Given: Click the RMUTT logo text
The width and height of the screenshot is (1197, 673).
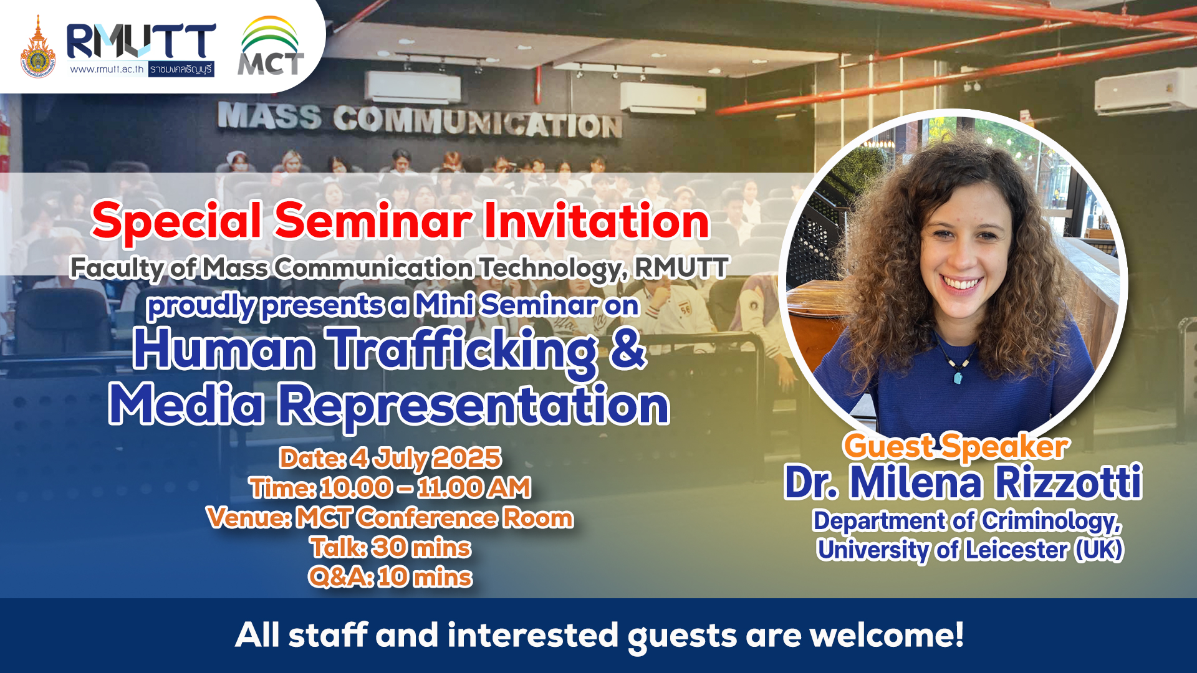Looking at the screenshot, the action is point(142,41).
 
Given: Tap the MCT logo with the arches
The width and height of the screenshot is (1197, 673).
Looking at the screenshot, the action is point(271,46).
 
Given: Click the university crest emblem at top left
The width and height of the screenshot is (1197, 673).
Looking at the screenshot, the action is point(38,47).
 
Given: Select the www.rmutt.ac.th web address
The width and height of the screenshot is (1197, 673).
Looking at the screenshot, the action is point(107,69).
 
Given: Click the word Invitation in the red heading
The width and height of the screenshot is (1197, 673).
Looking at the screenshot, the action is point(597,221).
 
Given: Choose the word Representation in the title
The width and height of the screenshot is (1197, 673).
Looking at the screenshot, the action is point(474,405).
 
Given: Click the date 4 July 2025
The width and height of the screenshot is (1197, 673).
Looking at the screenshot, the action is point(426,458).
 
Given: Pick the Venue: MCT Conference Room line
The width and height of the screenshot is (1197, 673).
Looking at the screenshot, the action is point(390,518).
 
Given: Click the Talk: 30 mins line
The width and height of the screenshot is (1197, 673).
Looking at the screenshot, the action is point(391,548).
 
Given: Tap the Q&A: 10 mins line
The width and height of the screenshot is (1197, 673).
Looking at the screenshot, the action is point(391,577).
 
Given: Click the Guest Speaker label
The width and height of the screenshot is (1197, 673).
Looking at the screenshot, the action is point(956,446).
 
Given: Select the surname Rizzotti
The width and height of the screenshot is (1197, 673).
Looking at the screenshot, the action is point(1068,482).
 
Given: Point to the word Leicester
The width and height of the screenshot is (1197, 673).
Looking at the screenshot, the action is point(1017,550).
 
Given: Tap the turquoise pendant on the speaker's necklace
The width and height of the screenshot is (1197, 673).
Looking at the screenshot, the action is point(958,377).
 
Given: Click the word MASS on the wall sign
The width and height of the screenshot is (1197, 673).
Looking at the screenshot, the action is point(269,117).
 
